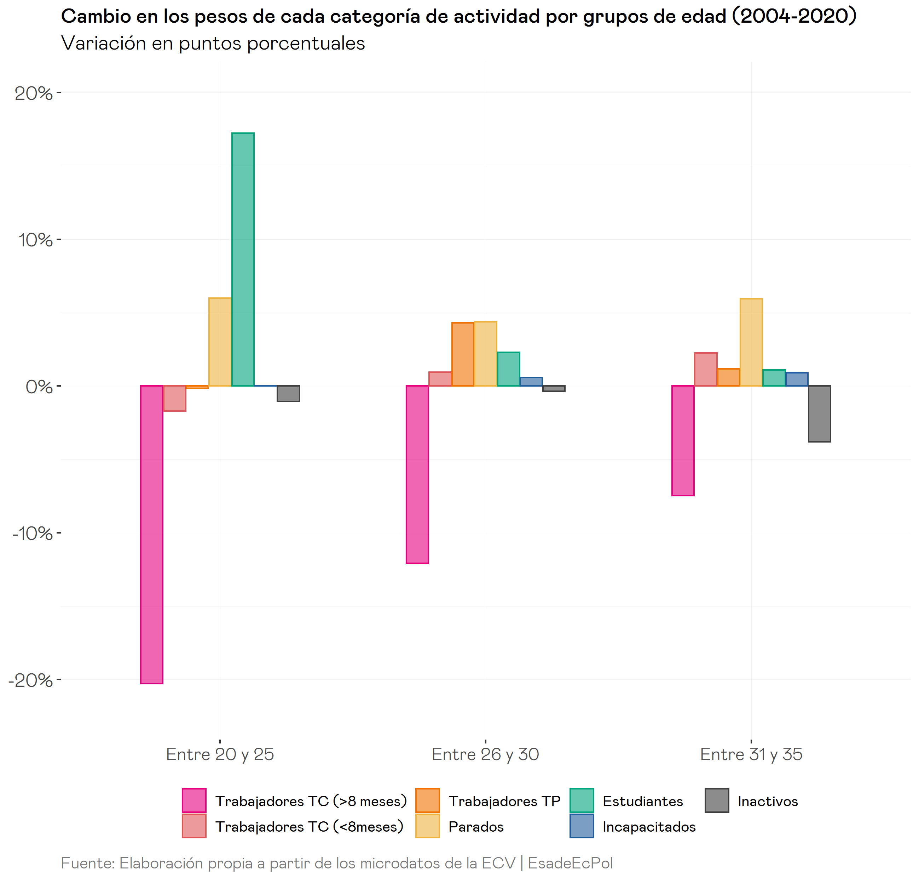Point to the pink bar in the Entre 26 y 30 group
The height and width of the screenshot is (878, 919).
click(x=417, y=474)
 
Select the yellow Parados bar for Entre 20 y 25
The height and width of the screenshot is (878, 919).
click(x=220, y=342)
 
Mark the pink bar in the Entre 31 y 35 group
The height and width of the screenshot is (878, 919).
click(x=683, y=440)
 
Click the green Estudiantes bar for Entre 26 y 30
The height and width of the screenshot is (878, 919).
click(x=508, y=369)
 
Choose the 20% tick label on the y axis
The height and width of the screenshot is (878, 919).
click(x=34, y=93)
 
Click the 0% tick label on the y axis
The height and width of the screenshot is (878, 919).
click(x=39, y=387)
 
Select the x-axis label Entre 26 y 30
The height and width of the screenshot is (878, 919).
click(x=485, y=754)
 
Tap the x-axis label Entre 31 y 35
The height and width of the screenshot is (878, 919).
click(x=751, y=754)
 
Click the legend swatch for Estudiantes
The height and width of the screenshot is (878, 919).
click(x=581, y=800)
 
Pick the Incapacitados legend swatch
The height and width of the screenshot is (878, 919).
click(x=581, y=826)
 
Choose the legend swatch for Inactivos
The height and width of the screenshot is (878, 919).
click(x=717, y=800)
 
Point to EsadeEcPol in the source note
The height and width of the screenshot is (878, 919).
click(x=570, y=863)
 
